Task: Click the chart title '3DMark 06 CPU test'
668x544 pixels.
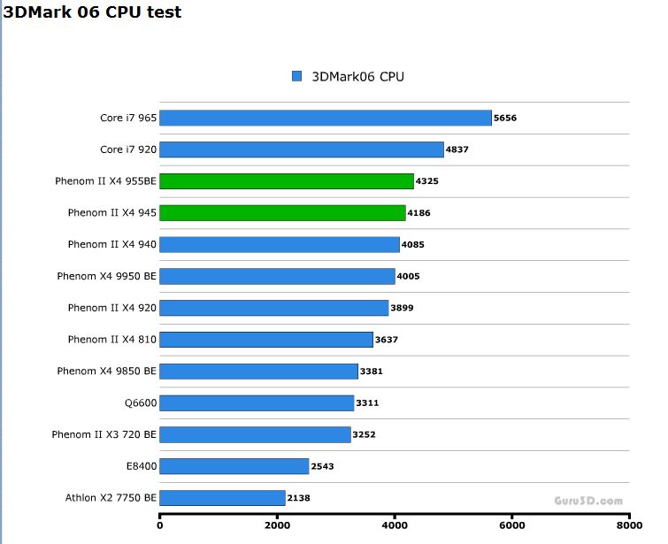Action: tap(92, 11)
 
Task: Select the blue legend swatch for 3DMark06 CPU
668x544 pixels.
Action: tap(297, 76)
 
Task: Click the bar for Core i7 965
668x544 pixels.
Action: tap(325, 118)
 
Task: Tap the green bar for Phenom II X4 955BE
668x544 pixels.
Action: tap(287, 181)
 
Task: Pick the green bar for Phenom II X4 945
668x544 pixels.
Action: tap(282, 213)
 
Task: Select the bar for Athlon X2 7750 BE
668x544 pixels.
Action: tap(222, 498)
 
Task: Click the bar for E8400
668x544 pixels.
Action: tap(234, 466)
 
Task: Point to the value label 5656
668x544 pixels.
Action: tap(505, 118)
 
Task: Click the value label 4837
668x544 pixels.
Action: tap(457, 149)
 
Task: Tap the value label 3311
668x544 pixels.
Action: tap(367, 403)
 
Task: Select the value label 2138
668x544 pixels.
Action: tap(298, 498)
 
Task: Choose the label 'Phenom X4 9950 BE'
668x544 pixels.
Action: tap(106, 276)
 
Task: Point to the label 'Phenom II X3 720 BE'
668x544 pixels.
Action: tap(104, 434)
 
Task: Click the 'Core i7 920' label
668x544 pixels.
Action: tap(128, 149)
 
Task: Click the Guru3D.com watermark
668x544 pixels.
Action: tap(588, 501)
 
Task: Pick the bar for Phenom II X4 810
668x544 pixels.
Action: tap(266, 340)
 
